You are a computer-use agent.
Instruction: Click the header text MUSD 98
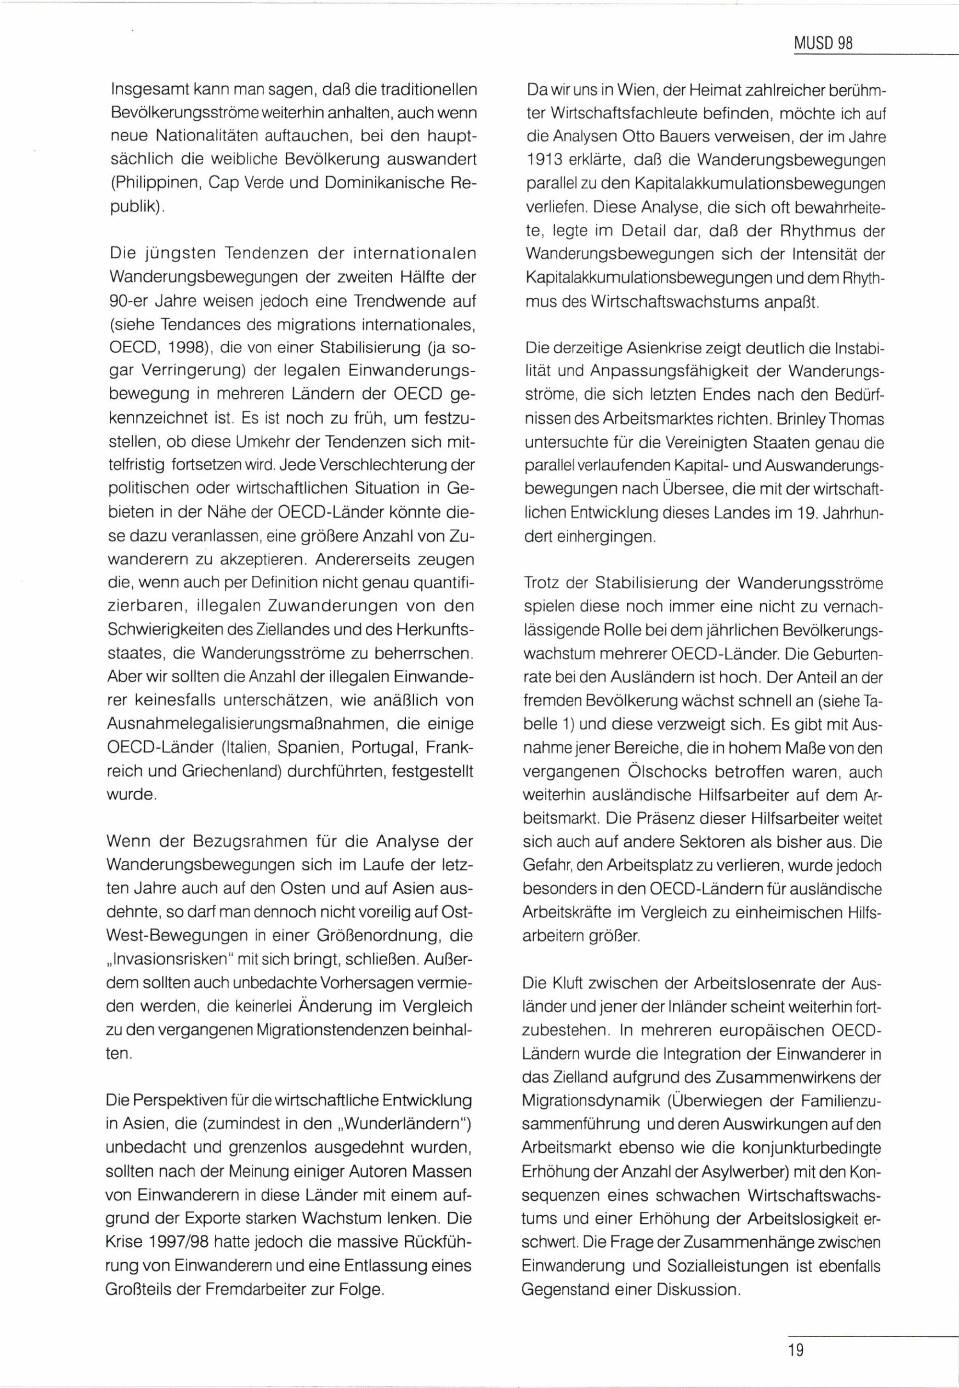823,44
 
